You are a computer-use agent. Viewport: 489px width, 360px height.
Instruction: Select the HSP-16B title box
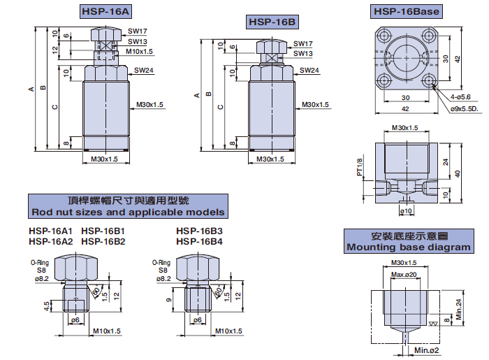point(272,23)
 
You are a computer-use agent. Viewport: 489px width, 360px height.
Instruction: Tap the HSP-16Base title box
point(408,12)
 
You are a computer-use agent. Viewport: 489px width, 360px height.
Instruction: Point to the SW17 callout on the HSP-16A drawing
point(138,31)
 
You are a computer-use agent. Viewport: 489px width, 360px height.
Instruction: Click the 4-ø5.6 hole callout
point(462,97)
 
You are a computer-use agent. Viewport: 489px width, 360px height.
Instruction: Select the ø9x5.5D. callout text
point(464,109)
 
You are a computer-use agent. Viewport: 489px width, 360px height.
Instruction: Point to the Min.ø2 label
point(427,350)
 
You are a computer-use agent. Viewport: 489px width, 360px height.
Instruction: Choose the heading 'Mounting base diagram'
point(409,247)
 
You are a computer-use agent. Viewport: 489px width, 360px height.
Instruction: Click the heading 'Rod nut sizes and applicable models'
point(127,212)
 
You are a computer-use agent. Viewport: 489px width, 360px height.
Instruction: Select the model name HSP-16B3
point(199,231)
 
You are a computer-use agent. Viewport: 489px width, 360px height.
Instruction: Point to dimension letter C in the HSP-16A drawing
point(54,106)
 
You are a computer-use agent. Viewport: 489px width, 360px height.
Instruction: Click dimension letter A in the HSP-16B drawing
point(197,94)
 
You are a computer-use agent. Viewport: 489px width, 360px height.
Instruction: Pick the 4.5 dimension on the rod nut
point(46,305)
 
